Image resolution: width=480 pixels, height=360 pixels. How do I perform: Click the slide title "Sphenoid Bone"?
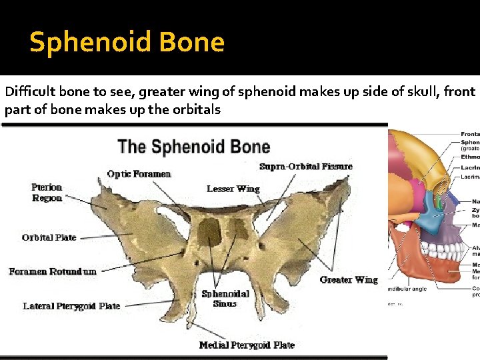click(x=127, y=43)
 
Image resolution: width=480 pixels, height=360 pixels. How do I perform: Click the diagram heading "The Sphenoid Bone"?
click(x=193, y=147)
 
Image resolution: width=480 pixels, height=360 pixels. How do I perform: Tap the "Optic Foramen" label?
click(x=139, y=174)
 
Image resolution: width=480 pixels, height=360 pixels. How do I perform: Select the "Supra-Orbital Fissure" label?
click(x=306, y=166)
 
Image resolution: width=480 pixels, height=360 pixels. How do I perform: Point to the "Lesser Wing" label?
click(x=233, y=189)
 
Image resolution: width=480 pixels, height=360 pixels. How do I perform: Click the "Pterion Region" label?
click(x=47, y=193)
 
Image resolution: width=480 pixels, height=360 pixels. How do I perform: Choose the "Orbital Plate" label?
click(x=49, y=237)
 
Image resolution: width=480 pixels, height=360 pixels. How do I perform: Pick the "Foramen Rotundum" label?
click(x=53, y=271)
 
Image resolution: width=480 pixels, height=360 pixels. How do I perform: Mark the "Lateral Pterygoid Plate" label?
click(x=71, y=306)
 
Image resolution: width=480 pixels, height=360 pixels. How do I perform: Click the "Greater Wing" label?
click(x=349, y=279)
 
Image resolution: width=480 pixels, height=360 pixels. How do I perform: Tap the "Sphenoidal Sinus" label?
click(x=225, y=298)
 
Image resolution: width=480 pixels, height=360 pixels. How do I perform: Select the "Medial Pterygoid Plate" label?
click(x=247, y=345)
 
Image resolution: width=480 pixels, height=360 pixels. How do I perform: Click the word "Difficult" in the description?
click(x=29, y=92)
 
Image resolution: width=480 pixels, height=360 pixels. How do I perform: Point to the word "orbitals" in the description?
click(x=198, y=109)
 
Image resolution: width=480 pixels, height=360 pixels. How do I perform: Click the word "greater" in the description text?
click(x=190, y=92)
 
